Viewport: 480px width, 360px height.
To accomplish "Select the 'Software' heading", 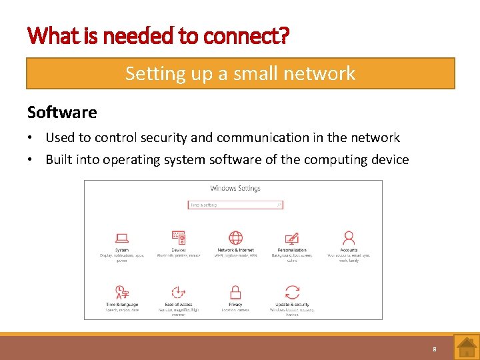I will coord(62,112).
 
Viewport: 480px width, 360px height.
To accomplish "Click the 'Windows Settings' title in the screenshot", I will coord(235,189).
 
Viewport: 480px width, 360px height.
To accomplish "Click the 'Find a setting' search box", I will coord(235,205).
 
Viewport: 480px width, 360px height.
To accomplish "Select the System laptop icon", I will coord(122,237).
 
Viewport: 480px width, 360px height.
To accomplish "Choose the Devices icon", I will coord(179,237).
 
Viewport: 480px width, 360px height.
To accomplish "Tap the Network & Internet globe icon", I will coord(235,237).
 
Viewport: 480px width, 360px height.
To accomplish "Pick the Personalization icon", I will coord(291,237).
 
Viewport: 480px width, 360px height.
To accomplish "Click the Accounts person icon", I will coord(348,237).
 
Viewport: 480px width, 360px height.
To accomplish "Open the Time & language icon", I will coord(122,292).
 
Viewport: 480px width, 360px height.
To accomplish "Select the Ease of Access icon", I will coord(178,292).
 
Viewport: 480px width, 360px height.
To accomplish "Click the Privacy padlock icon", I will coord(235,292).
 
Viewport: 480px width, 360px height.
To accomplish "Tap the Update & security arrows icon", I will coord(292,292).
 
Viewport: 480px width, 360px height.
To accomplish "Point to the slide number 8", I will coord(435,349).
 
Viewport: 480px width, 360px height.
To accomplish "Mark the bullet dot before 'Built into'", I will coord(31,160).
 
